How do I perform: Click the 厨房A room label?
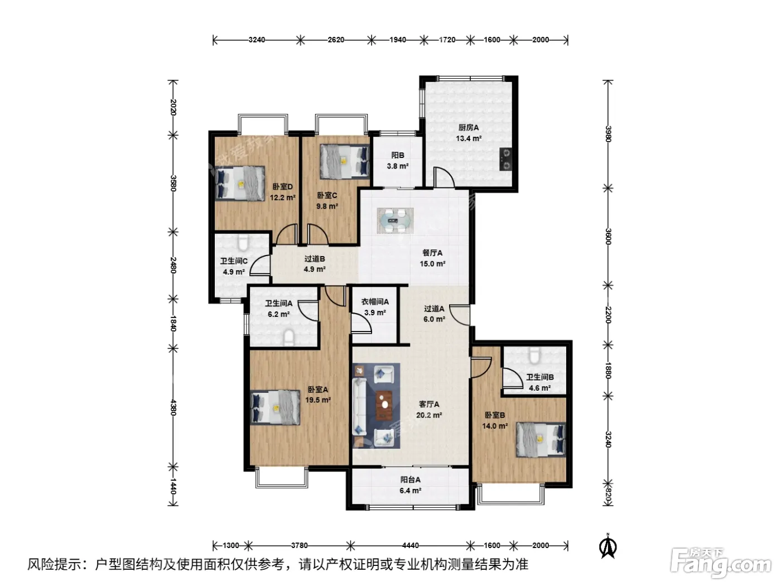tap(468, 127)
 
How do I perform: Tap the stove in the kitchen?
tap(505, 159)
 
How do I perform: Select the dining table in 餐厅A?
tap(396, 220)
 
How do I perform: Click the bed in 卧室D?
tap(240, 183)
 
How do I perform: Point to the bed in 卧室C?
tap(344, 161)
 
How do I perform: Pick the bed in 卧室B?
tap(541, 439)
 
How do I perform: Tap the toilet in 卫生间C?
tap(243, 243)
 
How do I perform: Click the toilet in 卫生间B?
tap(534, 355)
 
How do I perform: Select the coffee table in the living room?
tap(384, 405)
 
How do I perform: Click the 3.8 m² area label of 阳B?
tap(397, 166)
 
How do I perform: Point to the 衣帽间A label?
tap(375, 302)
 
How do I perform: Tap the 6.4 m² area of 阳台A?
tap(410, 491)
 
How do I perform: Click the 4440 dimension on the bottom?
tap(410, 545)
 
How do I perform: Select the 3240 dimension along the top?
tap(257, 40)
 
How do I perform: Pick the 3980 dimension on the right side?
tap(608, 134)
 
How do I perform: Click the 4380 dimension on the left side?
tap(173, 407)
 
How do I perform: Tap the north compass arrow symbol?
tap(608, 546)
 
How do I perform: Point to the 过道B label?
tap(315, 258)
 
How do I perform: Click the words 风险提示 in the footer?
tap(54, 564)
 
